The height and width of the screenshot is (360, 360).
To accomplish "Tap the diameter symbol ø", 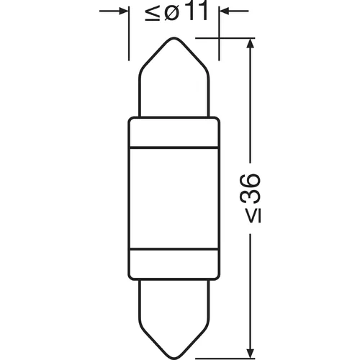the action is [172, 12].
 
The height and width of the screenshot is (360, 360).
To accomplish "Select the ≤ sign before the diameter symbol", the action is [153, 12].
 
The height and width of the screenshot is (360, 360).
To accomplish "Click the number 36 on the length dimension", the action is [250, 188].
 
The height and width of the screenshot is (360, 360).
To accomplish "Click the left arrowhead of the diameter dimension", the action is [123, 11].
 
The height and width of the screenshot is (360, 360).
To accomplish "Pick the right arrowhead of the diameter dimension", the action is [225, 11].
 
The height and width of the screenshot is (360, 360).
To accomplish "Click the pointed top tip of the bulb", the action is [174, 37].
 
